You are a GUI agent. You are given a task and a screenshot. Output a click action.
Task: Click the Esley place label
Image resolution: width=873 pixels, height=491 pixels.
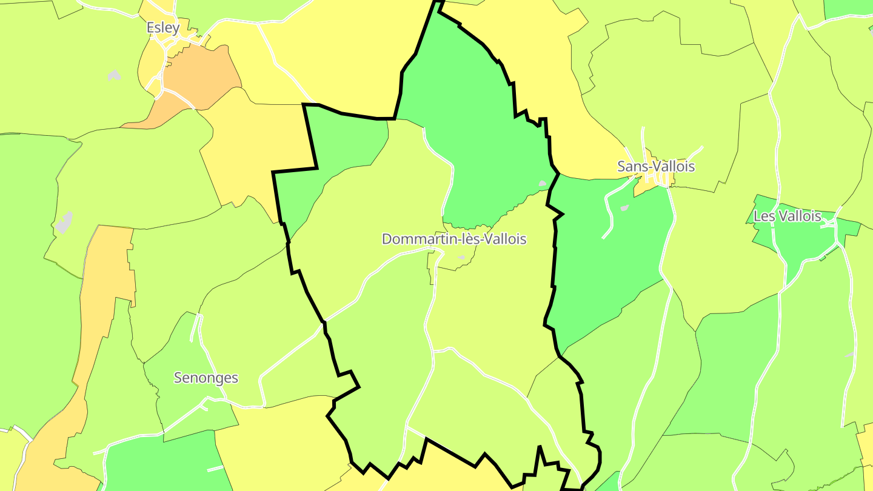[x=163, y=28]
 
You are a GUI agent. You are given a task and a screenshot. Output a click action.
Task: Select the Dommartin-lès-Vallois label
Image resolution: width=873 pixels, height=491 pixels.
[x=453, y=239]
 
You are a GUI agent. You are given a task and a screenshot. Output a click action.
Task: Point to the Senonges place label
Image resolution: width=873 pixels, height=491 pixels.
[x=206, y=378]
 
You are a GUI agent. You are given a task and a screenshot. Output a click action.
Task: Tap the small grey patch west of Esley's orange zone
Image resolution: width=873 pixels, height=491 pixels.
[x=114, y=75]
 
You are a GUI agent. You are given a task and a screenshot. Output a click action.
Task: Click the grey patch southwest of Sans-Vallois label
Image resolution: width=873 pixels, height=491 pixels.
[x=624, y=208]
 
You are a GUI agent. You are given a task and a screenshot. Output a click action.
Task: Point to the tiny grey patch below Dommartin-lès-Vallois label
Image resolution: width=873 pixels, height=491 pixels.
[x=461, y=258]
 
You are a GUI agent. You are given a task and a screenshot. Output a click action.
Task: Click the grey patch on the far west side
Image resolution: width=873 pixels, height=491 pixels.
[x=64, y=222]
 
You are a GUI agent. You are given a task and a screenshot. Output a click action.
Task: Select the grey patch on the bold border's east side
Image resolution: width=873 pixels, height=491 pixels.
[x=543, y=182]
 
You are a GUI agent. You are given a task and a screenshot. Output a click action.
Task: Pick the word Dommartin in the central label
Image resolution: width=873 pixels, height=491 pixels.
[x=412, y=239]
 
